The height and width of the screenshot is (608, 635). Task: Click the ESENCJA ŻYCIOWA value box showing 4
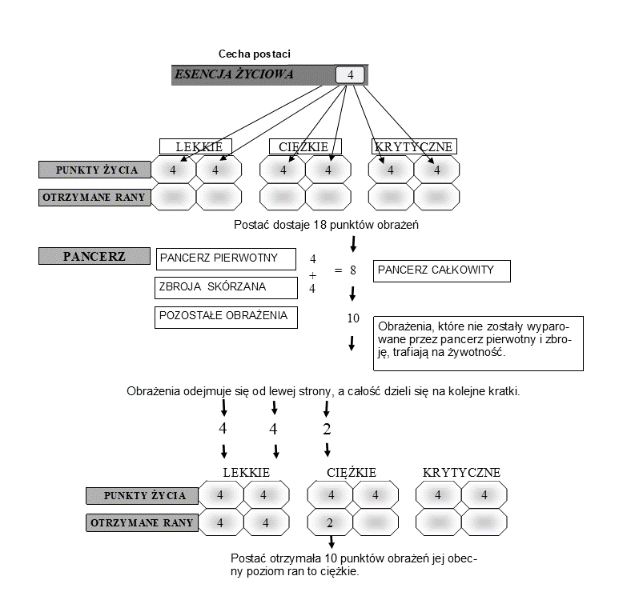[350, 75]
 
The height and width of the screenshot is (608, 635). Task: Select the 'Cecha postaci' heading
[255, 54]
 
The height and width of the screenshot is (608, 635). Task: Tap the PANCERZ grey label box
[94, 256]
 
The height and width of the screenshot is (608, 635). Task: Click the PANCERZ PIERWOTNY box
[226, 259]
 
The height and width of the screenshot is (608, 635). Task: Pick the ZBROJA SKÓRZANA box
[226, 288]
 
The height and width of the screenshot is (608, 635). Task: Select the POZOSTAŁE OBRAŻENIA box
[226, 317]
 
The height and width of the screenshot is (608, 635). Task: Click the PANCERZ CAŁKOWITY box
[442, 271]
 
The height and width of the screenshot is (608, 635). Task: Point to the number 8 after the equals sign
[353, 270]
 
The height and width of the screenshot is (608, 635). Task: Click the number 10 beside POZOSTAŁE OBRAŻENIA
[353, 318]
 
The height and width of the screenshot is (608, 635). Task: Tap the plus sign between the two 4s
[312, 275]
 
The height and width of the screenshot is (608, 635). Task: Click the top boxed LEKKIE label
[195, 146]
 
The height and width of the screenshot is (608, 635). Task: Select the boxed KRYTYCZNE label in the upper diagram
[414, 146]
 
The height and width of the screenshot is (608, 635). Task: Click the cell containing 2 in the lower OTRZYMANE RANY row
[330, 522]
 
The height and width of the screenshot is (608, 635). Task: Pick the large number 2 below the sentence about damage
[327, 429]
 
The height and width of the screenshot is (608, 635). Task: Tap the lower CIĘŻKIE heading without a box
[352, 473]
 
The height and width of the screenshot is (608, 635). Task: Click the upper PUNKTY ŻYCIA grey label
[94, 170]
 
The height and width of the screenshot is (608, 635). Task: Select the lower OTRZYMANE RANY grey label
[143, 522]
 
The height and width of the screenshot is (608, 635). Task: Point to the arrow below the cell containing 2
[332, 542]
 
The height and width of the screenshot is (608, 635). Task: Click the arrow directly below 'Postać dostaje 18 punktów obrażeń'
[353, 244]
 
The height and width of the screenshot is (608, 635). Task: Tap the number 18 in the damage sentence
[320, 225]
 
